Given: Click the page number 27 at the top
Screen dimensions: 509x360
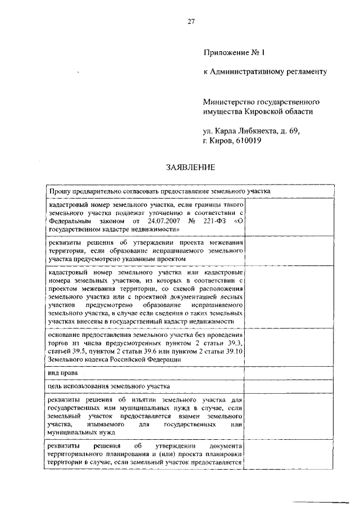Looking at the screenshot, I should pyautogui.click(x=191, y=22).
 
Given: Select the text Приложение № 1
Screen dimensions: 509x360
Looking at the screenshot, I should pyautogui.click(x=233, y=53).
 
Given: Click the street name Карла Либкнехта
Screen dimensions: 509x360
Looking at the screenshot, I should pyautogui.click(x=242, y=131).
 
